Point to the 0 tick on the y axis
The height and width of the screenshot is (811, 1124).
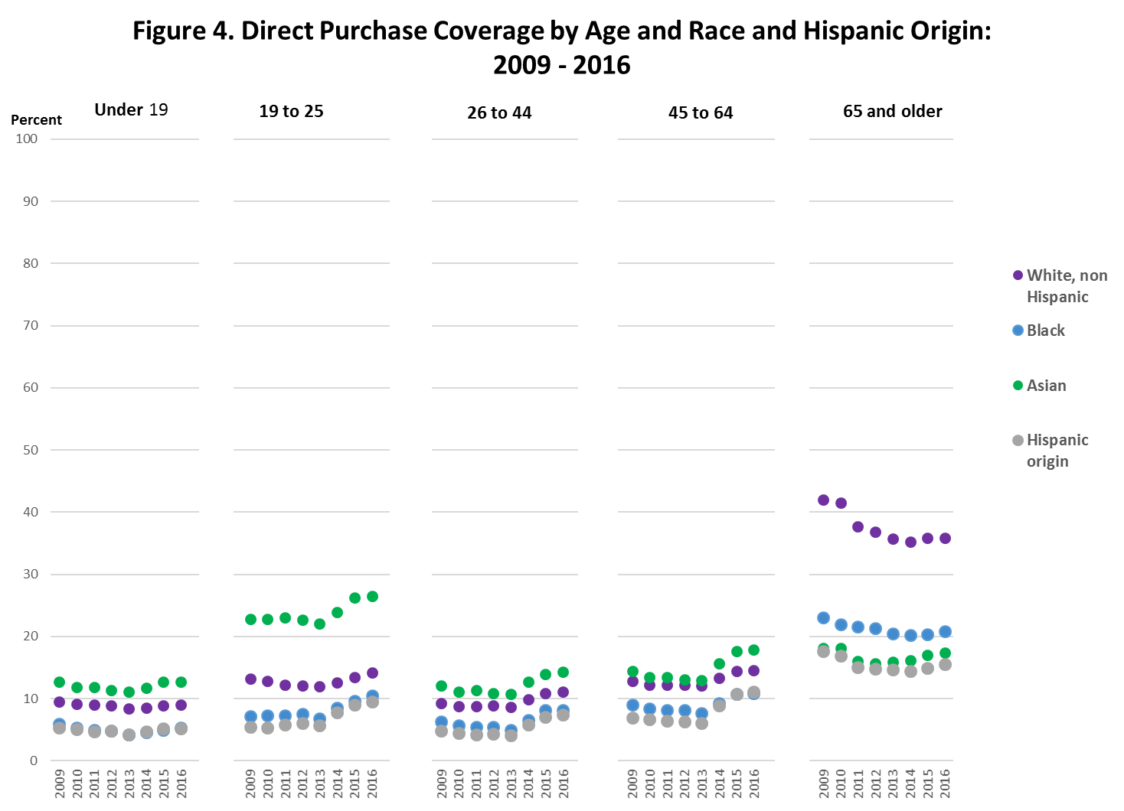33,761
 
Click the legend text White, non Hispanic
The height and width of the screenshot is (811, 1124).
1066,286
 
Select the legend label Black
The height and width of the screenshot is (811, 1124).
1045,331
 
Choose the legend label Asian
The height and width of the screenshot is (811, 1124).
1046,386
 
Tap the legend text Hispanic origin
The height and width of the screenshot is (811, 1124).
1057,451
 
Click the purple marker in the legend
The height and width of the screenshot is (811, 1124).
1018,275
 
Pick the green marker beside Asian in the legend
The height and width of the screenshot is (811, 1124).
1018,386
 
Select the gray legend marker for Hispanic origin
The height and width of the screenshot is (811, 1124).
1018,440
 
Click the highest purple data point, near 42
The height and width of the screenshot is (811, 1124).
823,500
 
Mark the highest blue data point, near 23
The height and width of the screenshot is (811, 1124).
823,617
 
